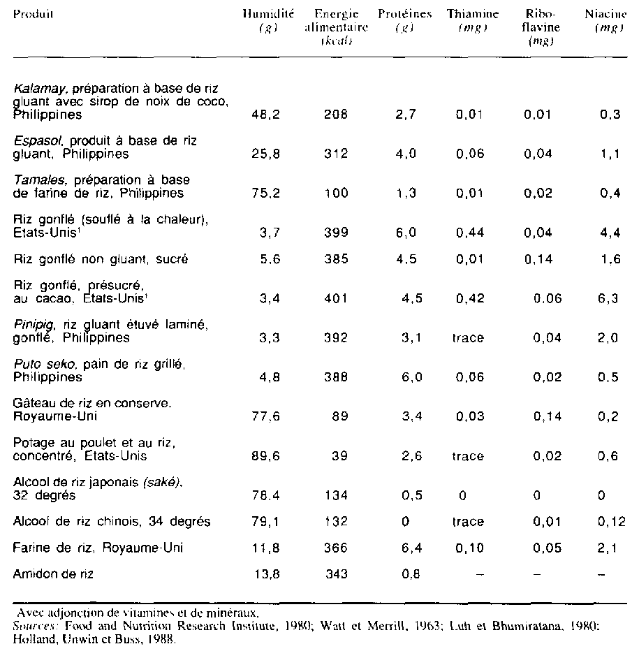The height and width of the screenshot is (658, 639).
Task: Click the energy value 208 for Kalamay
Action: [337, 115]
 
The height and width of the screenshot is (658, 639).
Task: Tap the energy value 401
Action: [337, 298]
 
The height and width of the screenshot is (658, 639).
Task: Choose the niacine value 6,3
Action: [610, 298]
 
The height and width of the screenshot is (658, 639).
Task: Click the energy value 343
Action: [337, 573]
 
